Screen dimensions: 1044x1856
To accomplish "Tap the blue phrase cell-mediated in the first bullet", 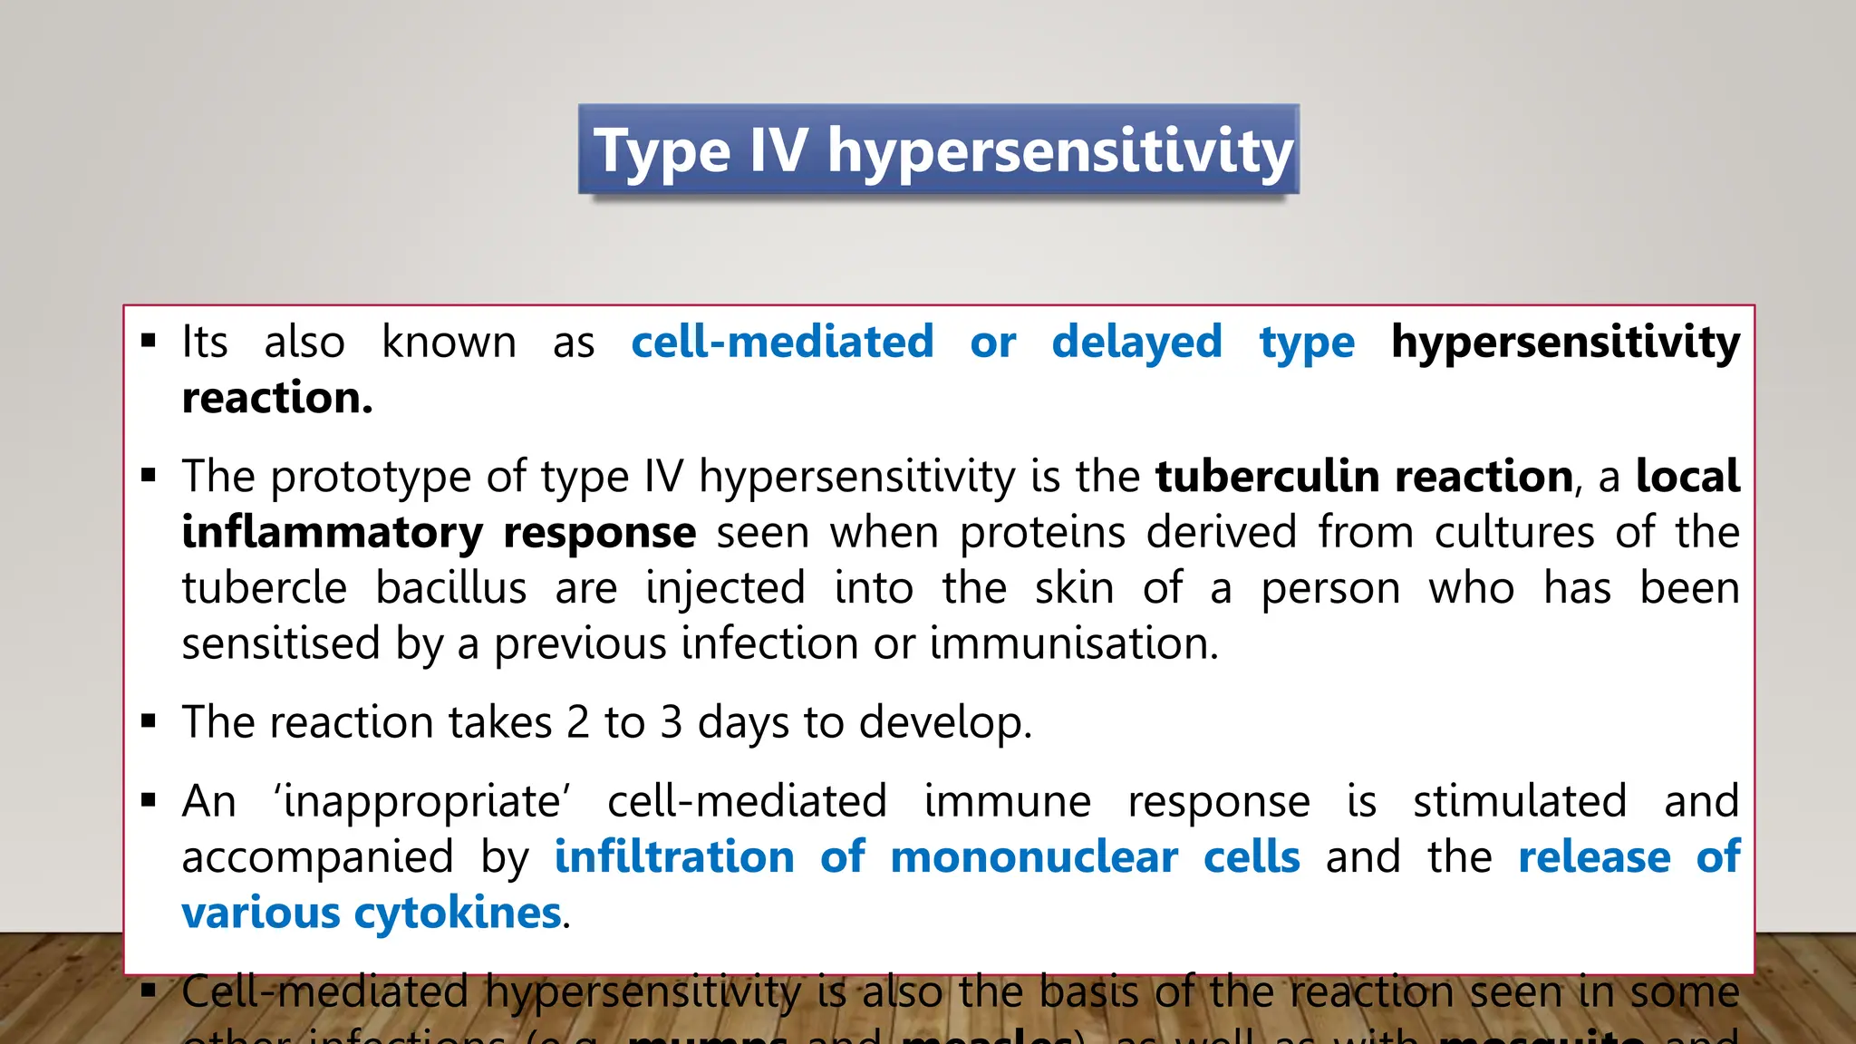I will [782, 343].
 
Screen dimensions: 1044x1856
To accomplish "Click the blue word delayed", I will [1136, 343].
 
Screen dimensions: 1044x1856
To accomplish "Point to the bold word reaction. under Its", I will [277, 398].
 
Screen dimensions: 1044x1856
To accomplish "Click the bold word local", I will [1687, 477].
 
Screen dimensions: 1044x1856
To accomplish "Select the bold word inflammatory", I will [332, 533].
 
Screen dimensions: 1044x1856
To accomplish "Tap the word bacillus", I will [451, 588].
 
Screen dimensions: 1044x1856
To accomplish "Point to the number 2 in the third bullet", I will [578, 722].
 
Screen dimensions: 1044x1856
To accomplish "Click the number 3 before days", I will [671, 722].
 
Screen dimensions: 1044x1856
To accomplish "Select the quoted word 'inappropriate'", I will [422, 802].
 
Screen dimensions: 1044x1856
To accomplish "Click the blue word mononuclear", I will [1034, 857].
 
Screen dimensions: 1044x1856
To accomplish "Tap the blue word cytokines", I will [458, 913].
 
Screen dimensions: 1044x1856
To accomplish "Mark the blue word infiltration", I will [674, 857].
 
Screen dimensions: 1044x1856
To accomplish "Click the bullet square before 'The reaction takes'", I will [149, 722].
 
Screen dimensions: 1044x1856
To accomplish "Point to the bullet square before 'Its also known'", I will [149, 343].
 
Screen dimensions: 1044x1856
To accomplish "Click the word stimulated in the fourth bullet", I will [1520, 801].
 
